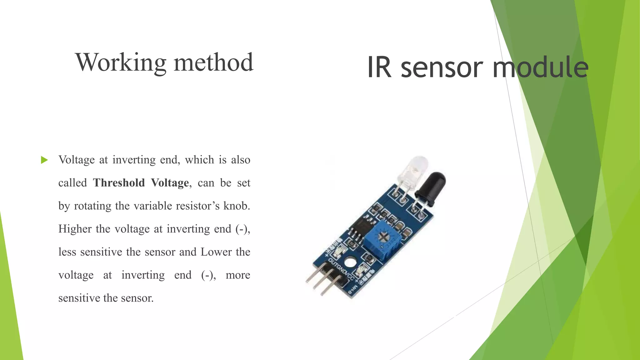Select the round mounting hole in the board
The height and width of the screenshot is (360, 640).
[x=350, y=262]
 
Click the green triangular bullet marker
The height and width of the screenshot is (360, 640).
[x=44, y=160]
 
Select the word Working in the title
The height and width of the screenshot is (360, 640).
[x=121, y=62]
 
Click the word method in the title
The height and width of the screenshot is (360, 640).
[x=213, y=62]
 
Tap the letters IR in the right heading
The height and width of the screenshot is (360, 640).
[x=379, y=67]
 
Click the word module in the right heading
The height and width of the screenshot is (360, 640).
[x=540, y=67]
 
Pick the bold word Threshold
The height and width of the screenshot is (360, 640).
[x=119, y=183]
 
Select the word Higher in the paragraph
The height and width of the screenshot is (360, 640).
[x=75, y=229]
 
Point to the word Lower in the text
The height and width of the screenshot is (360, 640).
[x=216, y=252]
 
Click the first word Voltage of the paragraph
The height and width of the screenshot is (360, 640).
[x=77, y=160]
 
